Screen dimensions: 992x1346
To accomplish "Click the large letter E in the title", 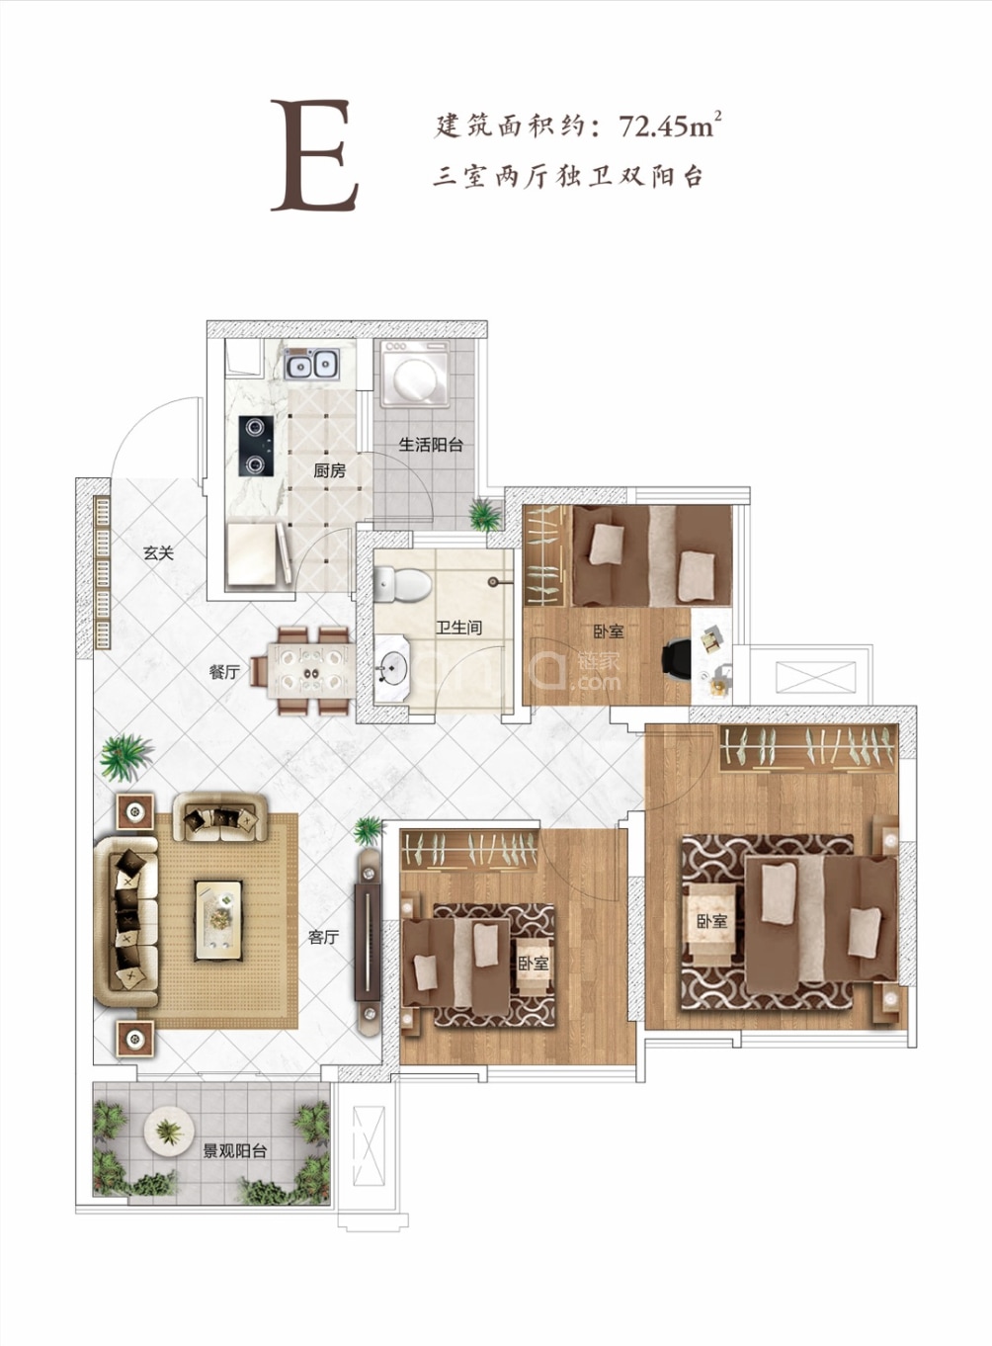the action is coord(314,155).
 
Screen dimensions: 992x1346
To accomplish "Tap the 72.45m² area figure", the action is coord(669,126).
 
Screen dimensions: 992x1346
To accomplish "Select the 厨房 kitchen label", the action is coord(330,471).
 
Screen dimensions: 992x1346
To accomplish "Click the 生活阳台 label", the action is coord(431,446).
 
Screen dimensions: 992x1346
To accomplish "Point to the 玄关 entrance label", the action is coord(159,553).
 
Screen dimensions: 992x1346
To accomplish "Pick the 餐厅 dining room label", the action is coord(224,672).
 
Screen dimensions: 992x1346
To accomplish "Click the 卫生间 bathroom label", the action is coord(459,628).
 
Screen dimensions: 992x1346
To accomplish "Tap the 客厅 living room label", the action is coord(324,937).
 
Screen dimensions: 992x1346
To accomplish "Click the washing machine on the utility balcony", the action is coord(415,374).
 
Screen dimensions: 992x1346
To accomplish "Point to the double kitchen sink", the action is coord(312,363).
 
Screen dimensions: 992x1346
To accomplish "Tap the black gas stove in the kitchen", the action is coord(256,446).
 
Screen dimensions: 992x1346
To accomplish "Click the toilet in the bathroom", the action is coord(401,585).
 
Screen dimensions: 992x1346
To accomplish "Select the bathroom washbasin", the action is coord(391,668).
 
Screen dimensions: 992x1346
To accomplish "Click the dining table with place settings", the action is coord(310,670).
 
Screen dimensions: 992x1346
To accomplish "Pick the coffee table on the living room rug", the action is coord(218,920).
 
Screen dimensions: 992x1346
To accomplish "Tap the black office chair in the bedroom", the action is coord(678,658).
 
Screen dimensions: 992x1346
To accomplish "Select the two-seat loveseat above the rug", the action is coord(220,817).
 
